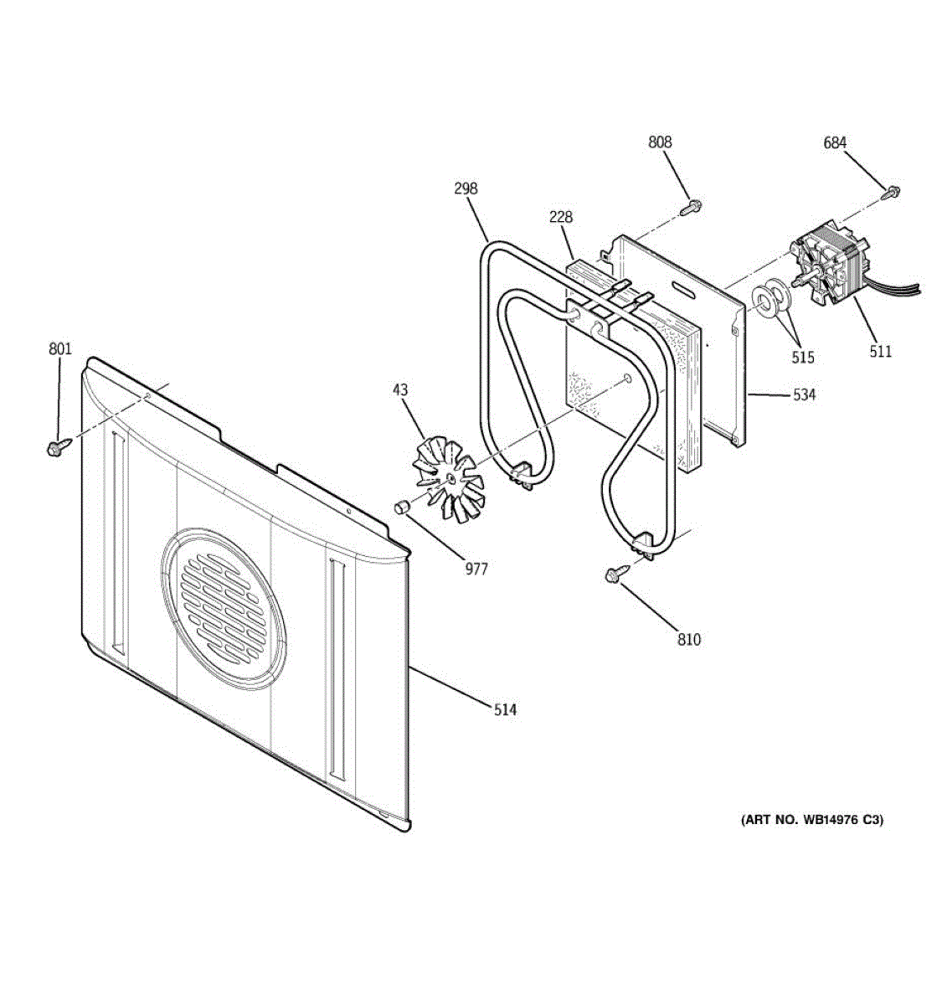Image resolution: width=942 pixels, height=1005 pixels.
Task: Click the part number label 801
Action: click(x=60, y=348)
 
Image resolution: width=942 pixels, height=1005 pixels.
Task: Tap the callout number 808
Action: click(x=660, y=142)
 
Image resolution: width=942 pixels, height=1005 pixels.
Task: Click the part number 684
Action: click(x=835, y=143)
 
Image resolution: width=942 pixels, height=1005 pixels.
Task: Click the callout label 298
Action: click(x=466, y=188)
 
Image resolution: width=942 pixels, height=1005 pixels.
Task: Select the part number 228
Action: click(x=561, y=217)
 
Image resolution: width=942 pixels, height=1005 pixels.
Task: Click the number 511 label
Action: click(x=880, y=352)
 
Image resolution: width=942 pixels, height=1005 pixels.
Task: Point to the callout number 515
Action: click(x=803, y=358)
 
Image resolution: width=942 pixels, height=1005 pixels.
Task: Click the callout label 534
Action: click(x=804, y=394)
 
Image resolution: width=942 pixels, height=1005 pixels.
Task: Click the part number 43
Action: click(x=400, y=389)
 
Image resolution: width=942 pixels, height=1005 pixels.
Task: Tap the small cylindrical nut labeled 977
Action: click(x=400, y=507)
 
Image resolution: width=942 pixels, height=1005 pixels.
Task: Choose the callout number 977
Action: click(x=476, y=569)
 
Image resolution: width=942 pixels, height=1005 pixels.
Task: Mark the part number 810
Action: click(x=688, y=640)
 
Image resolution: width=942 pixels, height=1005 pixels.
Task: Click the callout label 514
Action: click(x=505, y=710)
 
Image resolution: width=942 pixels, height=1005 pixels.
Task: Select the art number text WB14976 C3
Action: click(x=811, y=820)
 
